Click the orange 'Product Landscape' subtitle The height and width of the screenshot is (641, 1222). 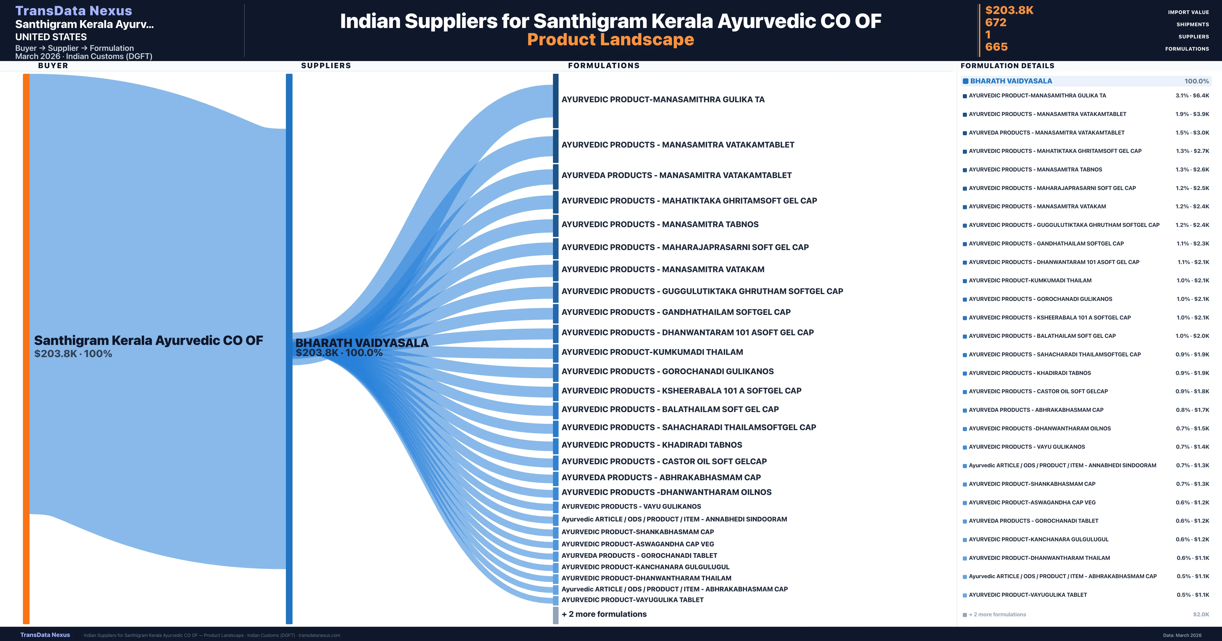[610, 40]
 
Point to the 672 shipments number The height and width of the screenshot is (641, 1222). [996, 23]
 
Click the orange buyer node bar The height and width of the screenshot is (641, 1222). [26, 348]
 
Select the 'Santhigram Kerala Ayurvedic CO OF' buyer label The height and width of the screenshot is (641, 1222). [148, 340]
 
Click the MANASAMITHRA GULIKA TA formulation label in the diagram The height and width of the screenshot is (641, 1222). [663, 99]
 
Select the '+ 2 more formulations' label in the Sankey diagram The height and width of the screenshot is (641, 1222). [604, 614]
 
